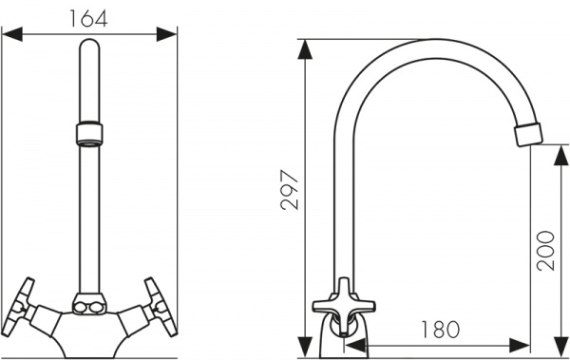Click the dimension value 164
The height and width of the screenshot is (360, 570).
[x=88, y=18]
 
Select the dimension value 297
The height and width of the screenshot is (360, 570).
[x=290, y=190]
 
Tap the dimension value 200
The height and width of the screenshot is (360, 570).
[x=546, y=250]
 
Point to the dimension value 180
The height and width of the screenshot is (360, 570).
[x=440, y=329]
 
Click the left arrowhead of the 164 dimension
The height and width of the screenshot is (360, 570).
[x=12, y=34]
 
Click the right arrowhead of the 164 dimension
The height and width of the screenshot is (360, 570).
[x=166, y=34]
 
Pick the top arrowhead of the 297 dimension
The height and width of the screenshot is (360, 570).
[x=305, y=49]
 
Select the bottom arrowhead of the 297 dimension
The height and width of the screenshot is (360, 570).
[x=305, y=347]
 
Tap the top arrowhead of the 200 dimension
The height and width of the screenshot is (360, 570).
[x=560, y=156]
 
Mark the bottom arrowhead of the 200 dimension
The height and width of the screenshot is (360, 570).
[x=560, y=347]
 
